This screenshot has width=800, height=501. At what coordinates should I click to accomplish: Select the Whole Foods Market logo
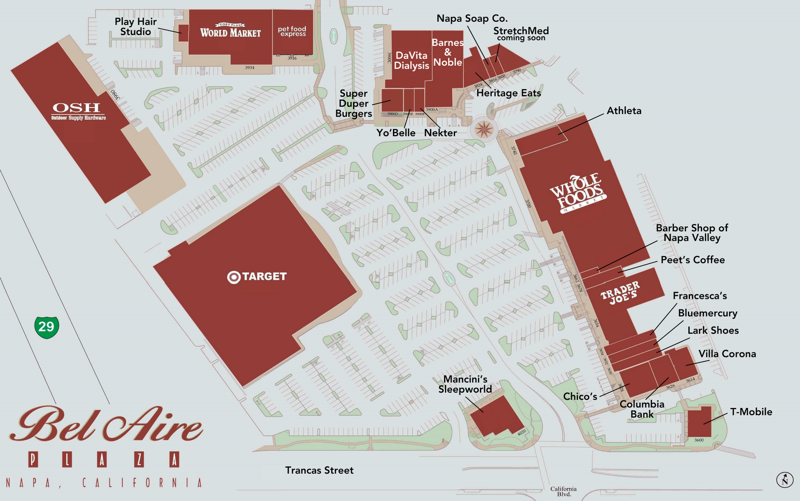point(578,193)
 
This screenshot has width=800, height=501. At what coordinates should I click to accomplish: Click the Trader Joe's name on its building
point(620,292)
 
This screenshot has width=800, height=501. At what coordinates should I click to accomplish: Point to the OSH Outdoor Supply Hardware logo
point(78,111)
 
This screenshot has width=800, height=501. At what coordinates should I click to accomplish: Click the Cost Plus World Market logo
point(230,31)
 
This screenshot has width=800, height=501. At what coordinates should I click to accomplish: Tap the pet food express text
point(292,31)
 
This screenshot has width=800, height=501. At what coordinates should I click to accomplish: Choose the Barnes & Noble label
point(447,53)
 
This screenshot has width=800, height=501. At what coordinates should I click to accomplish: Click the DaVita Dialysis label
point(411,60)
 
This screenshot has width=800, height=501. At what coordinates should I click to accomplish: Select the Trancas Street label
point(319,470)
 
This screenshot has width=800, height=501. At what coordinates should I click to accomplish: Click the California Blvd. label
point(563,491)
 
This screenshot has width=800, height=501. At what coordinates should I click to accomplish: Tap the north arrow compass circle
point(785,480)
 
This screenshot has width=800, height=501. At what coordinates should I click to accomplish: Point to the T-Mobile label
point(751,412)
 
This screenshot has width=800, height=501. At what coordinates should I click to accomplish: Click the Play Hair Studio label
point(135,27)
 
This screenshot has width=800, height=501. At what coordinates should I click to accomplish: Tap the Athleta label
point(624,111)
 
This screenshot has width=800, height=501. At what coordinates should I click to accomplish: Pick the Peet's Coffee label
point(692,260)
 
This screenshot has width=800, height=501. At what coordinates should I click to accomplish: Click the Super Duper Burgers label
point(353,103)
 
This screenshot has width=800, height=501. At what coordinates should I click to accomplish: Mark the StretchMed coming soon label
point(521,34)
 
